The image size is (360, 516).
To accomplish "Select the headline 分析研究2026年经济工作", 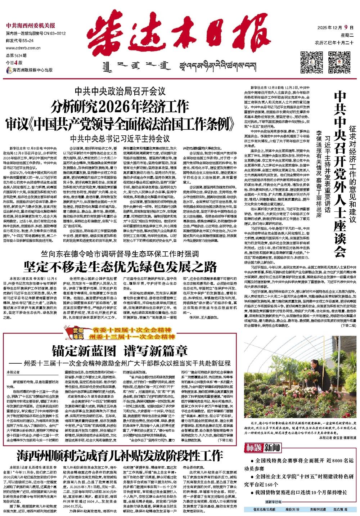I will [x=121, y=107].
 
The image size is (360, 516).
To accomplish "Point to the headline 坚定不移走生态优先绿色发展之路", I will [x=121, y=267].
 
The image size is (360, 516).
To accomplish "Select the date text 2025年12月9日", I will [x=334, y=28].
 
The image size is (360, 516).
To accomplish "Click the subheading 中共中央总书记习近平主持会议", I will [x=120, y=138].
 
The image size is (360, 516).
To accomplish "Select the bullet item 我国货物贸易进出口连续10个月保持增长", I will [x=298, y=493].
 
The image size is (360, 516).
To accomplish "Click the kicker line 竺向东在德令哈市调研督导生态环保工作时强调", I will [x=121, y=254].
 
